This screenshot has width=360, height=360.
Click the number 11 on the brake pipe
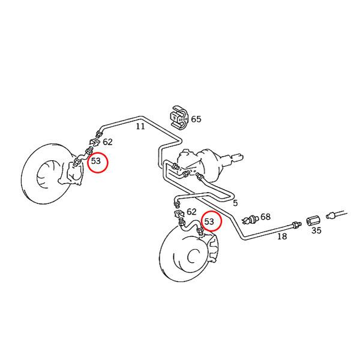point(140,127)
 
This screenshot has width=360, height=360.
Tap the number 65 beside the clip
point(196,119)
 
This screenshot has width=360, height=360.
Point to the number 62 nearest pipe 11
point(107,142)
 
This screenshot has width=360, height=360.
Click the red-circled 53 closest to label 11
point(97,161)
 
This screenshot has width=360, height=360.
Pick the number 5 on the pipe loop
point(235,203)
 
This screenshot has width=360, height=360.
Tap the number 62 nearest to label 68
point(191,212)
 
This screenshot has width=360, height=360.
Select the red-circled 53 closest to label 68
point(211,222)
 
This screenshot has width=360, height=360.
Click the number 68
point(265,217)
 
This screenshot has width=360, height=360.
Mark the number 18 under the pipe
point(281,236)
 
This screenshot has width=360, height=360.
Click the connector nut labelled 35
point(312,221)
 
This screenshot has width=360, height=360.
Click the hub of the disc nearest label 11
point(46,175)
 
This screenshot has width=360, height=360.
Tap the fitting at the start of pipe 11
point(100,128)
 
